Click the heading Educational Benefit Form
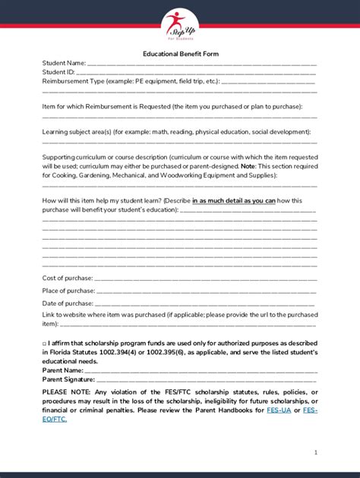(x=180, y=55)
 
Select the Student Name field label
(x=64, y=64)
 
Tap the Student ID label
(x=58, y=72)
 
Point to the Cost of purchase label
(x=67, y=278)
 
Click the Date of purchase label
(x=67, y=303)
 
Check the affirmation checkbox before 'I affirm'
(x=44, y=344)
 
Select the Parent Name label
(x=62, y=370)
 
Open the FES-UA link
(x=279, y=410)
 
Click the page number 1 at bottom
(x=315, y=452)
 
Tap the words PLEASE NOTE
(x=65, y=392)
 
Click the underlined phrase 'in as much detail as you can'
(x=233, y=200)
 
